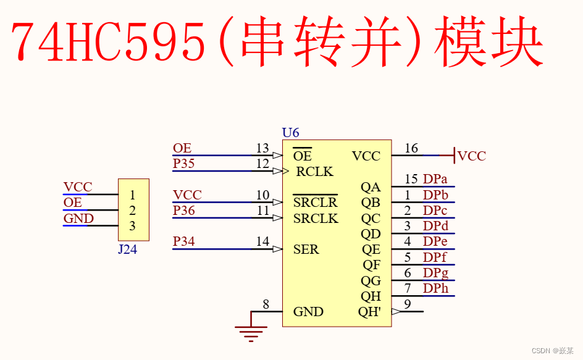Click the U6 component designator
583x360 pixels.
click(x=290, y=133)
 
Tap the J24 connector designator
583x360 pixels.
click(x=127, y=249)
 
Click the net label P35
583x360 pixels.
click(x=183, y=164)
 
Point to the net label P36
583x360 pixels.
click(x=183, y=211)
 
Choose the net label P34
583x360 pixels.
click(x=183, y=241)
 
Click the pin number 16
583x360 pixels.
click(x=411, y=148)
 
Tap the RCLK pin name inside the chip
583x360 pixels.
click(x=314, y=172)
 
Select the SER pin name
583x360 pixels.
click(x=306, y=249)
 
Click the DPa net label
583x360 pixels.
click(x=435, y=179)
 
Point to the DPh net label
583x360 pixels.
click(x=435, y=288)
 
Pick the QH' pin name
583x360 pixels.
click(x=369, y=312)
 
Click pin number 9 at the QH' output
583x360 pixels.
click(x=407, y=304)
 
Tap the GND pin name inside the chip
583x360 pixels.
click(x=308, y=312)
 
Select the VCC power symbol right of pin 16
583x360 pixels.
click(x=469, y=156)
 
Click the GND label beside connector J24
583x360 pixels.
click(x=78, y=219)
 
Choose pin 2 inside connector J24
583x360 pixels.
click(x=132, y=211)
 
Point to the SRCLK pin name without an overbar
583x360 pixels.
click(x=316, y=219)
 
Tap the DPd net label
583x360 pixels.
click(x=435, y=226)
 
